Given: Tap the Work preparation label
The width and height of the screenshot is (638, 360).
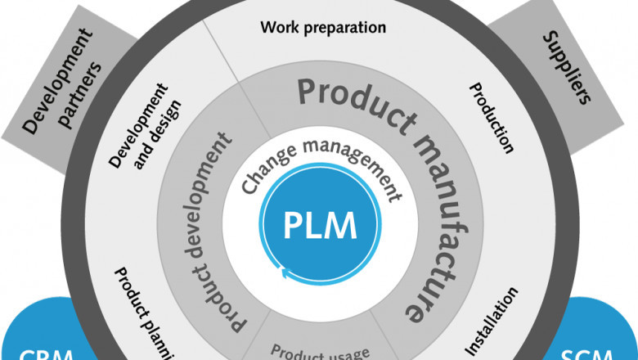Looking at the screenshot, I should pos(322,27).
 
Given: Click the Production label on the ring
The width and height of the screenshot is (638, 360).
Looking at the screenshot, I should pos(492,118).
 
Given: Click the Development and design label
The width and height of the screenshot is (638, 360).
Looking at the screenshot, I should pos(146,123).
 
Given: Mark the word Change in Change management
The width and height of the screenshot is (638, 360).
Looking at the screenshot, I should pos(262,175).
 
